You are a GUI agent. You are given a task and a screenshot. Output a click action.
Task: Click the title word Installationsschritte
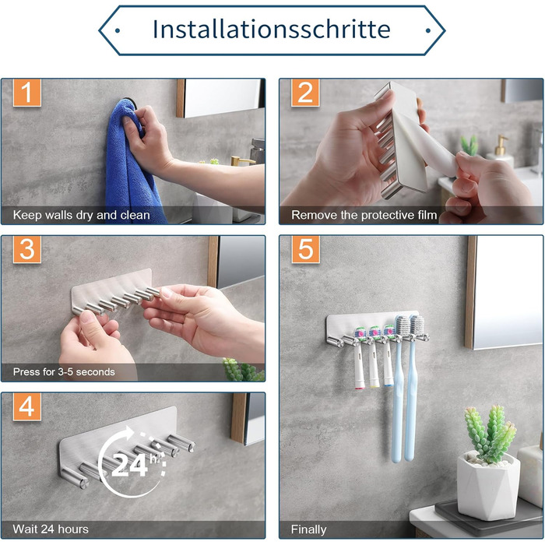(x=272, y=29)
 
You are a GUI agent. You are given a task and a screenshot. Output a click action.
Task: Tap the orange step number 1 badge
(x=27, y=93)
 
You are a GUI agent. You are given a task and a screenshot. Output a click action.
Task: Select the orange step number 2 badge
(x=305, y=93)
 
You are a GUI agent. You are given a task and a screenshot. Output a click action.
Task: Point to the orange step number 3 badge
(x=27, y=249)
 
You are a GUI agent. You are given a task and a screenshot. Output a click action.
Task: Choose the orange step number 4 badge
(x=27, y=406)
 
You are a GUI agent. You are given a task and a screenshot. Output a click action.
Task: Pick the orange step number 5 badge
(x=305, y=249)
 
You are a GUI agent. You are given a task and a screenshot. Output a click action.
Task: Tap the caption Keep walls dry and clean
(x=81, y=215)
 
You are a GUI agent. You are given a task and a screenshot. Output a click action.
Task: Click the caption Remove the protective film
(x=364, y=215)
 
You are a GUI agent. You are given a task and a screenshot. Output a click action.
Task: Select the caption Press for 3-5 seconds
(x=64, y=372)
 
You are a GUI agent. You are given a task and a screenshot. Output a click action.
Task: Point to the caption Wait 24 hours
(x=51, y=529)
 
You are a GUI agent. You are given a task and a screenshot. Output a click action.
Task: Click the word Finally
(x=308, y=529)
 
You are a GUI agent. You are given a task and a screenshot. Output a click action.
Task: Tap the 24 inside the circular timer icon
(x=129, y=465)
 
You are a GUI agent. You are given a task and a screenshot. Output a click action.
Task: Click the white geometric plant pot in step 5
(x=488, y=486)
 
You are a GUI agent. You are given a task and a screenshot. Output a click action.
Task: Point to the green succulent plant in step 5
(x=490, y=434)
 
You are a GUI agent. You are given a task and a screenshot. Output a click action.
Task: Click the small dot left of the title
(x=118, y=30)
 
